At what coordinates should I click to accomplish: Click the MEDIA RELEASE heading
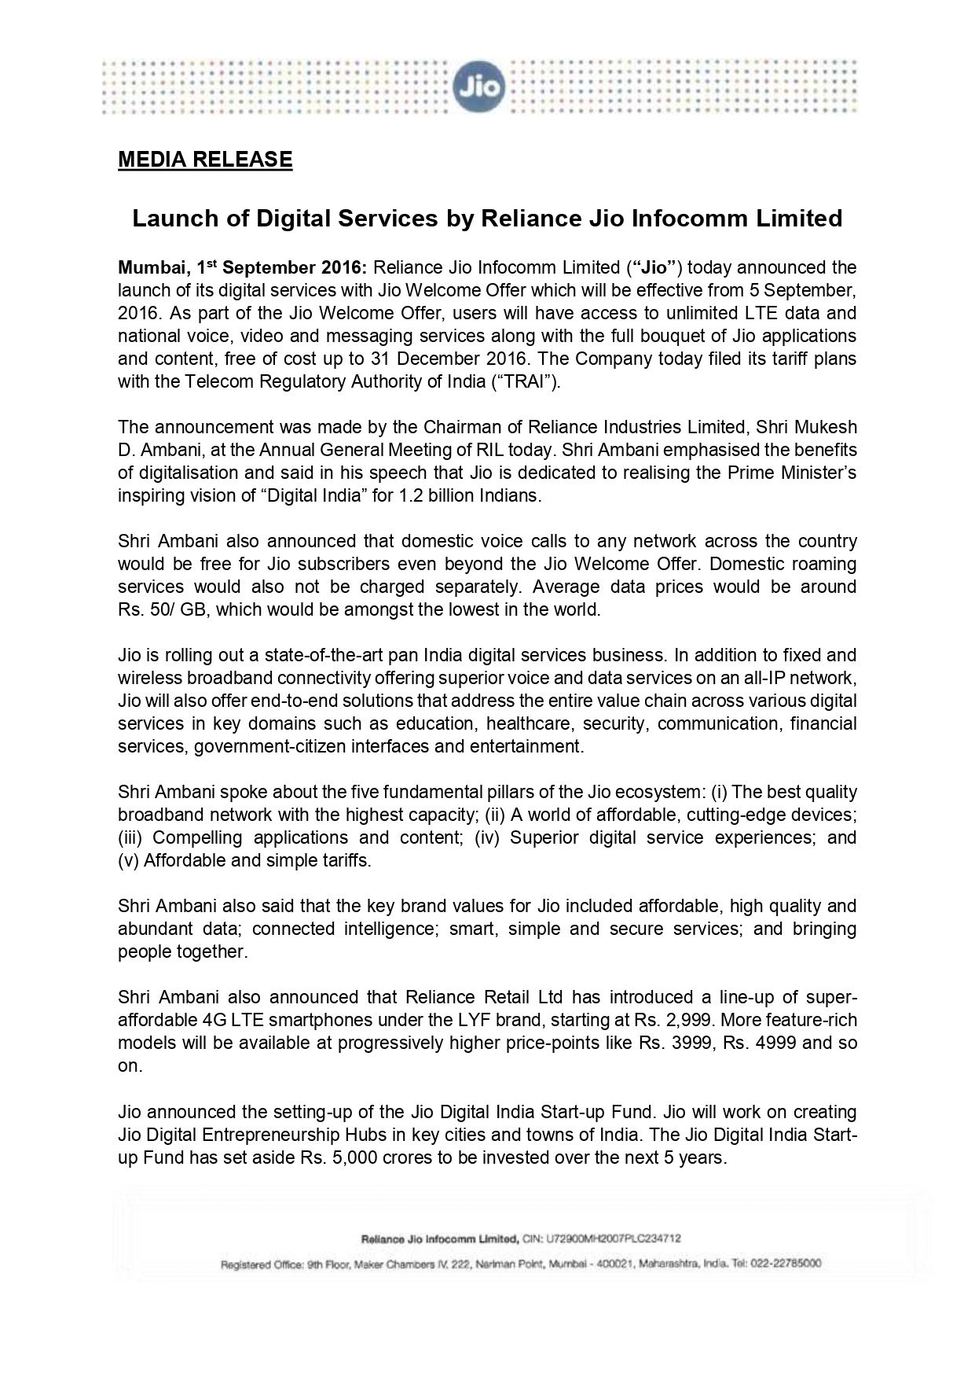point(205,160)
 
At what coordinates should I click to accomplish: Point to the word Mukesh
point(826,427)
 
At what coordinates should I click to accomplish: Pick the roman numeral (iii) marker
point(131,837)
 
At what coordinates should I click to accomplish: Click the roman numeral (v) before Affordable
point(128,860)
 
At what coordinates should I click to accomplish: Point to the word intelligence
point(389,929)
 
